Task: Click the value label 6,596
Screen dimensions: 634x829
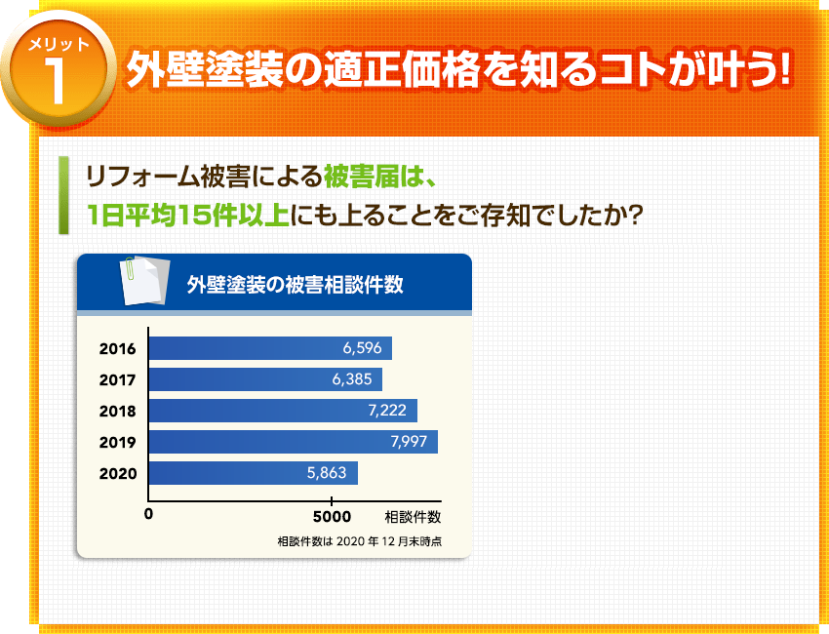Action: pos(362,348)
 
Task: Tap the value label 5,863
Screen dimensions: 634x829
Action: pos(327,473)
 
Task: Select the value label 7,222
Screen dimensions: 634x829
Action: pos(387,411)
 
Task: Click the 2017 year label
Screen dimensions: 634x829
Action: pos(117,379)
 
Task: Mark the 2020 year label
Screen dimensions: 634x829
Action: pos(117,473)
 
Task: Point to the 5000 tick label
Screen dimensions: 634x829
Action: pos(333,516)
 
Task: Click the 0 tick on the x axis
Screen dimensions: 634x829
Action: pos(148,514)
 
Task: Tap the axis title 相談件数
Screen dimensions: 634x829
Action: pos(413,516)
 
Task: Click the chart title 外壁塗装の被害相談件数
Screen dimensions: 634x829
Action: pos(295,285)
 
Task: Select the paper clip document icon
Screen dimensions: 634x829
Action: pos(135,282)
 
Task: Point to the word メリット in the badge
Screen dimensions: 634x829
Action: pos(59,45)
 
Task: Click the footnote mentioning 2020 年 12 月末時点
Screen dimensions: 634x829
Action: pos(360,541)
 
